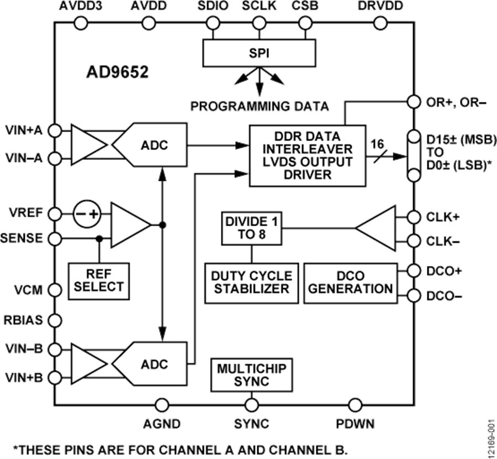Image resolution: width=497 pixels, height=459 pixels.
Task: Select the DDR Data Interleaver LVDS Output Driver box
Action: (x=308, y=155)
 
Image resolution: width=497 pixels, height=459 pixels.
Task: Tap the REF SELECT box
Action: (x=99, y=280)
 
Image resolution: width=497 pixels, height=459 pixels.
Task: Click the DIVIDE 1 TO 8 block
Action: (x=252, y=227)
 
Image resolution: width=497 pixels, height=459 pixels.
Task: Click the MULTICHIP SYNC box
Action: (x=251, y=375)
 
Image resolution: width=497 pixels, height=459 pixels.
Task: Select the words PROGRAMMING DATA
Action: (x=260, y=105)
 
